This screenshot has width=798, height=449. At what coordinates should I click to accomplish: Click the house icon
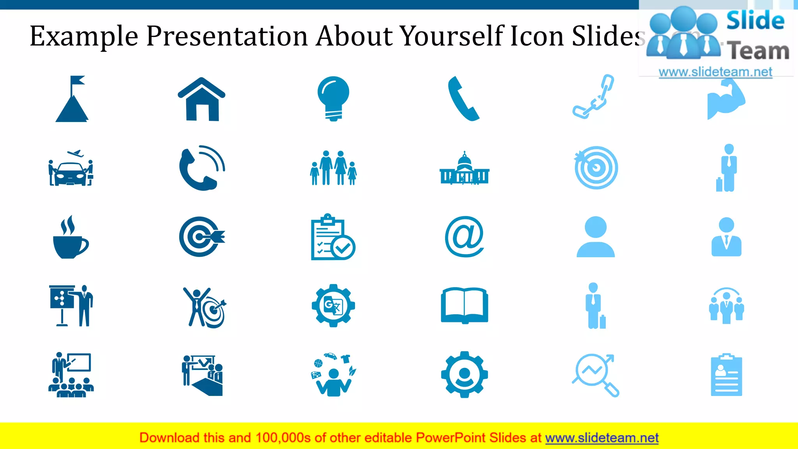coord(201,99)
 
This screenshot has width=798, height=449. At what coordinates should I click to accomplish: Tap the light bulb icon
coord(333,97)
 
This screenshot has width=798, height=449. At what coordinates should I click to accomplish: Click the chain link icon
coord(593,97)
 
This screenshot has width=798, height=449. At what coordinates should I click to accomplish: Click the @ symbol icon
coord(464,237)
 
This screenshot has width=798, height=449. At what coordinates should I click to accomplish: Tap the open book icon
coord(464,306)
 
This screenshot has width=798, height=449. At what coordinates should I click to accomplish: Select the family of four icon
coord(333,168)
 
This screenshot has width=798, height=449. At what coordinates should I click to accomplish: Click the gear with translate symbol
coord(333,306)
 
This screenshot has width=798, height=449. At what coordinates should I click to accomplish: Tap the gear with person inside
coord(464,375)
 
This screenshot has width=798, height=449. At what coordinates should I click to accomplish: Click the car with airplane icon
coord(71,168)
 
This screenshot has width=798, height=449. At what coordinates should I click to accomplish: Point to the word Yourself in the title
coord(452,36)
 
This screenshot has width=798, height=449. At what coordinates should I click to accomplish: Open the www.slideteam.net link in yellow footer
coord(602,438)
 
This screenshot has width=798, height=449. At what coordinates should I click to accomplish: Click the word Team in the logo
coord(758,51)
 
